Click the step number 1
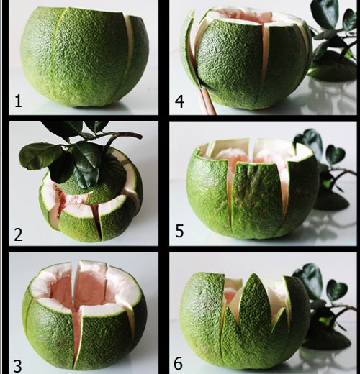tap(18, 101)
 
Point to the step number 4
tap(179, 101)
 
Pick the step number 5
tap(179, 233)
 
